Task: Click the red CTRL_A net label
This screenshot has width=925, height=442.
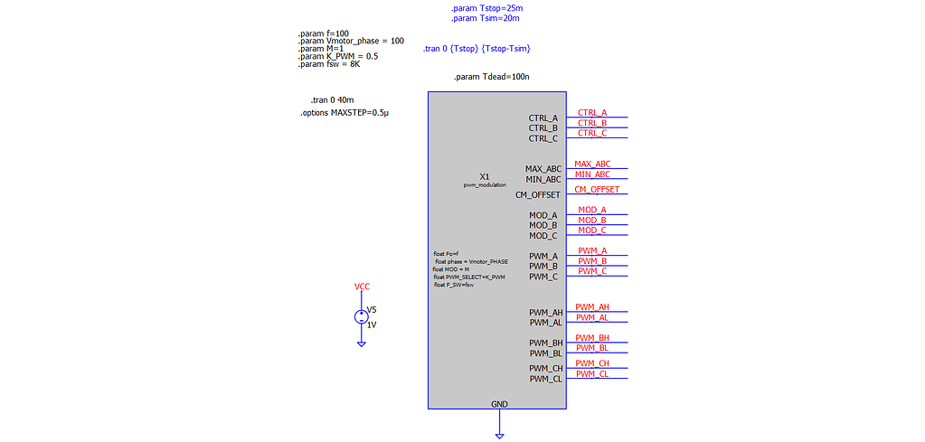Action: point(592,113)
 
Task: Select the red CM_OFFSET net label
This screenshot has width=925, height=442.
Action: point(597,189)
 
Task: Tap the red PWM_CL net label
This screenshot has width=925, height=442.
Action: point(592,373)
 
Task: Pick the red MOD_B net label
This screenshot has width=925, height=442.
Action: point(592,220)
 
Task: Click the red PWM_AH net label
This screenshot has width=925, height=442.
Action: point(592,307)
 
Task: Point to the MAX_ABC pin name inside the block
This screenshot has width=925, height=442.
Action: point(543,169)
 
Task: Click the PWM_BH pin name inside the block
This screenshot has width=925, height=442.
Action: point(546,343)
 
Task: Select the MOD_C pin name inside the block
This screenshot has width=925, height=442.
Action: point(543,236)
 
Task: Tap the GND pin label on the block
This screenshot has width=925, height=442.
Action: point(499,403)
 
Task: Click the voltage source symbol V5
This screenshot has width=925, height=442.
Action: point(361,317)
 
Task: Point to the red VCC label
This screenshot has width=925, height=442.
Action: point(362,287)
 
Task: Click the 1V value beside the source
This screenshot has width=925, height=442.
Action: point(372,324)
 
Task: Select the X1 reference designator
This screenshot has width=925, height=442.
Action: point(485,176)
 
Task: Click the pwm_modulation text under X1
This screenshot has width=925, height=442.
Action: point(485,184)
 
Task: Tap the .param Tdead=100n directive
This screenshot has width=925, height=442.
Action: point(491,77)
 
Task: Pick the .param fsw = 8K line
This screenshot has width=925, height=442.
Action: point(330,64)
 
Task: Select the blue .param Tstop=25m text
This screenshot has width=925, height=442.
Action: point(486,8)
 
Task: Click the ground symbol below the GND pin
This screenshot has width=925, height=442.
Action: point(499,435)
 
